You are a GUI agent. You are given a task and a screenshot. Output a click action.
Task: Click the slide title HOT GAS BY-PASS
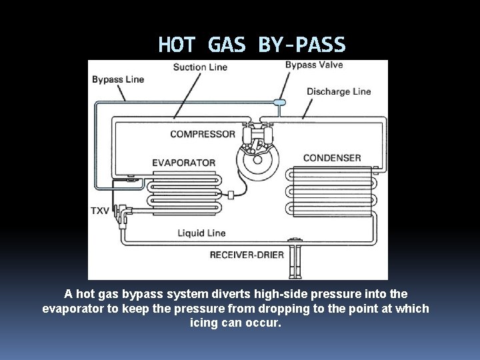click(x=252, y=45)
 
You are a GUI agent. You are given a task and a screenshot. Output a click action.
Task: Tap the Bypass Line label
click(x=118, y=79)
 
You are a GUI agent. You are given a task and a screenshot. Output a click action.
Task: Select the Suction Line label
click(x=200, y=67)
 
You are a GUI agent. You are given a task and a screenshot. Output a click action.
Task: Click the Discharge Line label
click(x=339, y=91)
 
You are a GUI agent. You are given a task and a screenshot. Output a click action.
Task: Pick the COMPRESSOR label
click(x=203, y=134)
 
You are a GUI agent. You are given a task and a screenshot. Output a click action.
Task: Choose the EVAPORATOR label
click(x=184, y=163)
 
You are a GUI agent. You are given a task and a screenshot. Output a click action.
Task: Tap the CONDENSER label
click(x=332, y=158)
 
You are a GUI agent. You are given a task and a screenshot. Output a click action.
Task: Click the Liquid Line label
click(x=201, y=233)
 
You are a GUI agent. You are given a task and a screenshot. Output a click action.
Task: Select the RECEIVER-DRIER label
click(x=247, y=254)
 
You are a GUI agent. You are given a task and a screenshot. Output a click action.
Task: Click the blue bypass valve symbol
click(x=279, y=103)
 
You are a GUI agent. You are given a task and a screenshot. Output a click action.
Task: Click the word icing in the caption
click(x=204, y=323)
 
